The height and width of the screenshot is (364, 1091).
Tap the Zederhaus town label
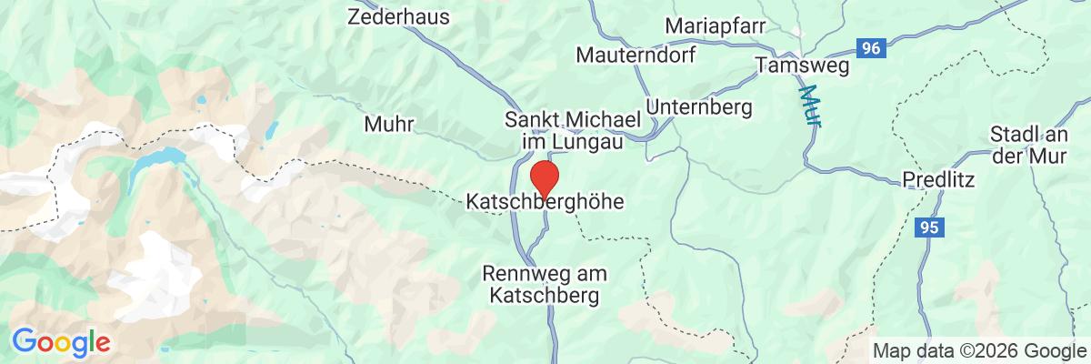pos(392,15)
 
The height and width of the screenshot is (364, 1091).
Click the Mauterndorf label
pos(636,56)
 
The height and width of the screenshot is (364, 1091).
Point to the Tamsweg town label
pos(801,66)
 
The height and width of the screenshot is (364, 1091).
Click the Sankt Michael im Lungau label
pos(573,131)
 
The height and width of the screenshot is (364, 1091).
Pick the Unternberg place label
pos(699,107)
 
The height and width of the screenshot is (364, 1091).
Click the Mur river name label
pos(808,106)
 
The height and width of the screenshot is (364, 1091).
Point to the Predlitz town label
pos(937,180)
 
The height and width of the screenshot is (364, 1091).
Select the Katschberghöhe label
pos(545,201)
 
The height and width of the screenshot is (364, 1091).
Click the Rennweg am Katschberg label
pos(545,284)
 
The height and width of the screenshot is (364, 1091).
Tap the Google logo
pos(61,342)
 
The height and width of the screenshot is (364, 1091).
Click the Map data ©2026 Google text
pos(975,350)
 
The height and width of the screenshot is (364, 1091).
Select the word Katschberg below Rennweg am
pos(545,296)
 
